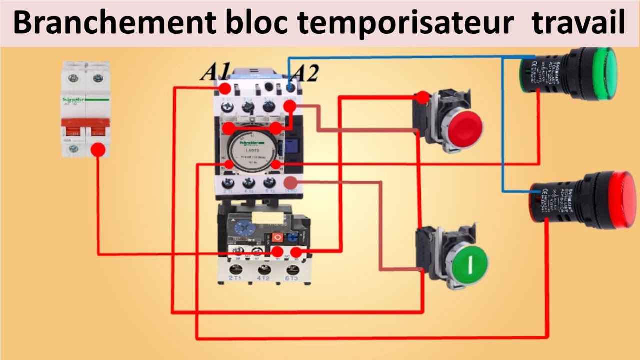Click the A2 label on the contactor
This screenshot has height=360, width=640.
pos(304,73)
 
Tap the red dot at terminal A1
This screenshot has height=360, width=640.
pos(225,89)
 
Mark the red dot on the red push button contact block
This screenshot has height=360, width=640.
pos(423,97)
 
